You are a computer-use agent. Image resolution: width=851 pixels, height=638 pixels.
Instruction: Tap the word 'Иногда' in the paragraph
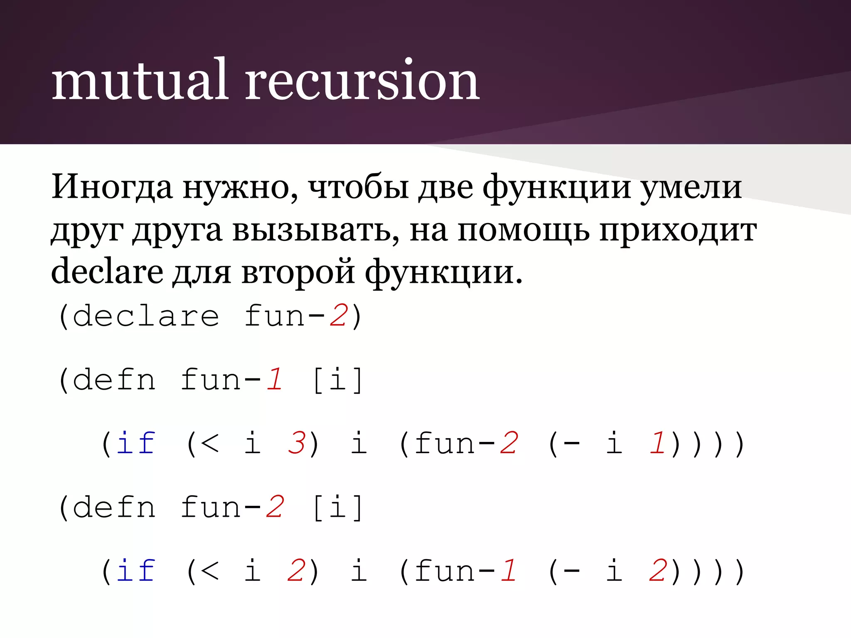111,187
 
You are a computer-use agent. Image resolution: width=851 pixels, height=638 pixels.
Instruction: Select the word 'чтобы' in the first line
358,187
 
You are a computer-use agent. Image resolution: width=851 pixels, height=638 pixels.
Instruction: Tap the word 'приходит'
678,231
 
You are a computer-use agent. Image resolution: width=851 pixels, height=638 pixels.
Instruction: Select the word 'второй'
298,272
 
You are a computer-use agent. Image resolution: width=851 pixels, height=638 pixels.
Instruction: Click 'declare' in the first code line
145,317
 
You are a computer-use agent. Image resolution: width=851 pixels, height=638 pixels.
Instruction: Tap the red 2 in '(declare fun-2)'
338,317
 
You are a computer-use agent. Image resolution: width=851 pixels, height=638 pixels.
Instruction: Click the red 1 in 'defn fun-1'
274,380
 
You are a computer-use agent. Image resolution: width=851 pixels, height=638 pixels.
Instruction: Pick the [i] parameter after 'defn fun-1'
337,380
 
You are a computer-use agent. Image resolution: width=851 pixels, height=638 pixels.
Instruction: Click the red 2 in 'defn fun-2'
274,507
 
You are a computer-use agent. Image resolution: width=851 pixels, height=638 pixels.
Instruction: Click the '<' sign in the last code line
209,571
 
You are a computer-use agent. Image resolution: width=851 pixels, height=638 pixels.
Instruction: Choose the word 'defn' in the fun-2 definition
114,507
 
